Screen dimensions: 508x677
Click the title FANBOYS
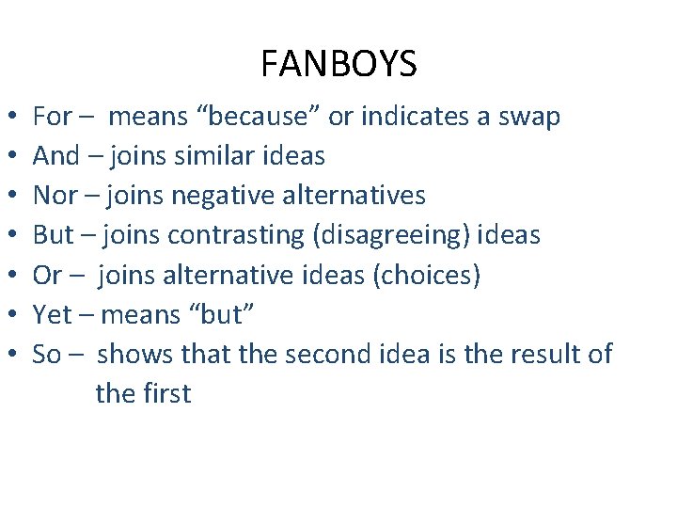click(x=338, y=65)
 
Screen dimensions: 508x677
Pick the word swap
click(x=529, y=118)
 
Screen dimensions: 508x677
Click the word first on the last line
click(x=166, y=393)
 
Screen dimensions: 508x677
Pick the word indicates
click(x=417, y=118)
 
